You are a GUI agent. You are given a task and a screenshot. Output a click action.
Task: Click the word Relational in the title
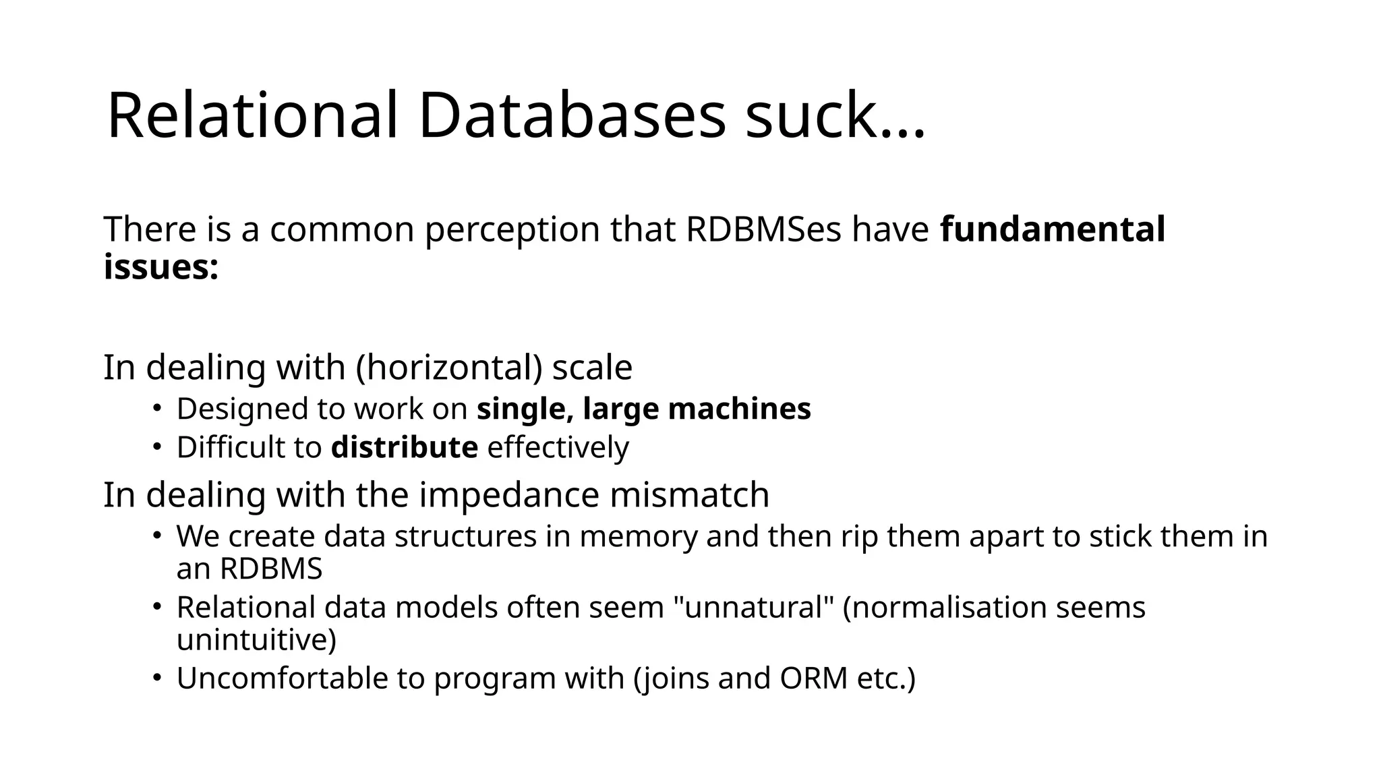pos(252,116)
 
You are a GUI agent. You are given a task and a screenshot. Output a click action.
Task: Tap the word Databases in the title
pos(572,116)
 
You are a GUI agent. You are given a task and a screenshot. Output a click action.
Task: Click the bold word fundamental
pos(1052,229)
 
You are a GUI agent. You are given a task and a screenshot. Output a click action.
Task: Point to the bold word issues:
pos(161,267)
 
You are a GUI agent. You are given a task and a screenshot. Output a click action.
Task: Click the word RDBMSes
pos(763,229)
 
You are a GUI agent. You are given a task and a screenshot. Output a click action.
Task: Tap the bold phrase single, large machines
pos(643,409)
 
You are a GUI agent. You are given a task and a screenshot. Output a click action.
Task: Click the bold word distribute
pos(404,448)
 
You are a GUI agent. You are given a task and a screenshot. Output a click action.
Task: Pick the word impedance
pos(509,494)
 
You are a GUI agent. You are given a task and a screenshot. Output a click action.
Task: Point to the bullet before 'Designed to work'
pos(156,408)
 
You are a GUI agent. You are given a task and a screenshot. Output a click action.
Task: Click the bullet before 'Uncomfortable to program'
pos(156,677)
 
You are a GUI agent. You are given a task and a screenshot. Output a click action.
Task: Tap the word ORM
pos(813,679)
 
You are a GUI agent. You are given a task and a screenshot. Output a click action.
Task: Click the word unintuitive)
pos(256,639)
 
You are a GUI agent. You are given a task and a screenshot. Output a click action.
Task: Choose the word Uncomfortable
pos(282,679)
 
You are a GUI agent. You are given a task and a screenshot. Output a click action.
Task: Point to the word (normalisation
pos(944,607)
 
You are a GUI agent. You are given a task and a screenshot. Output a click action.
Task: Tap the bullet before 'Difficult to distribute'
pos(156,447)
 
